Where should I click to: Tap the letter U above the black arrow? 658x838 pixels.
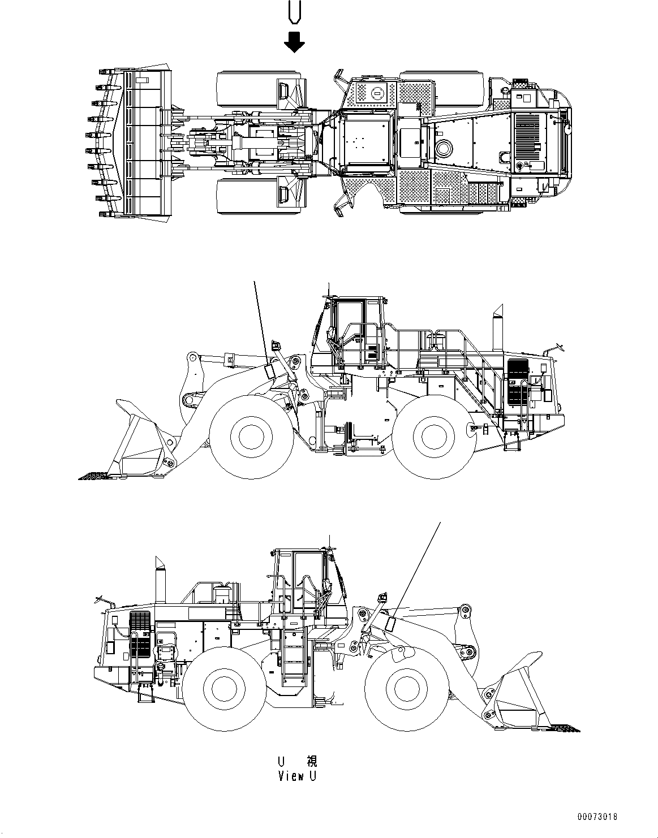pyautogui.click(x=294, y=12)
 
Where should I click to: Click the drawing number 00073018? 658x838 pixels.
pyautogui.click(x=597, y=817)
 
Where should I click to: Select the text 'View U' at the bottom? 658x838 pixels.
pyautogui.click(x=297, y=776)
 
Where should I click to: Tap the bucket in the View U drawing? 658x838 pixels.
pyautogui.click(x=518, y=693)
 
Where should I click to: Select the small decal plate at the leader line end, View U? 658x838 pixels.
pyautogui.click(x=390, y=623)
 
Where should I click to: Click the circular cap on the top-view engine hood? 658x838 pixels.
pyautogui.click(x=444, y=149)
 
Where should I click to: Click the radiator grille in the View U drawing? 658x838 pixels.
pyautogui.click(x=141, y=633)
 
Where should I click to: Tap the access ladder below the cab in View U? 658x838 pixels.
pyautogui.click(x=294, y=656)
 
